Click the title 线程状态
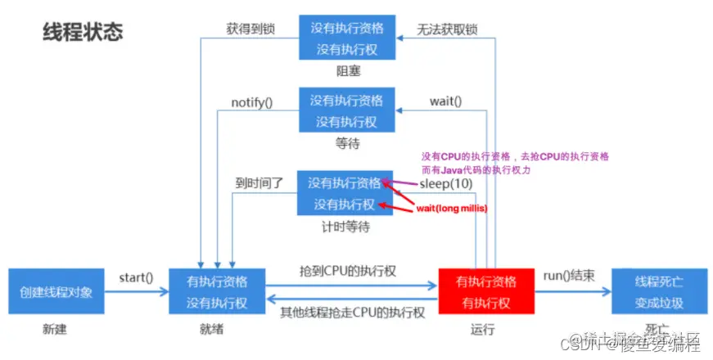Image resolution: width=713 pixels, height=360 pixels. coord(83,32)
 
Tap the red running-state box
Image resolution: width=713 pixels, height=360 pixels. coord(486,292)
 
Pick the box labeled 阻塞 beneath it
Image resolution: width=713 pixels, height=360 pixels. coord(346,38)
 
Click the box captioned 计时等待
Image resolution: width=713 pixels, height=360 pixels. coord(345,193)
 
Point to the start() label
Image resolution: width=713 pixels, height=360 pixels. coord(136,277)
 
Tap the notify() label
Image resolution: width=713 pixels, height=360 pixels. coord(251,103)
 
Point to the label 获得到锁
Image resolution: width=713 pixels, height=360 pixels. coord(250,29)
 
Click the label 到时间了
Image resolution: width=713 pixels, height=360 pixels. coord(257,183)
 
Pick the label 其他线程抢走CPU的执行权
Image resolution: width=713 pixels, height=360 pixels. coord(351,313)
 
